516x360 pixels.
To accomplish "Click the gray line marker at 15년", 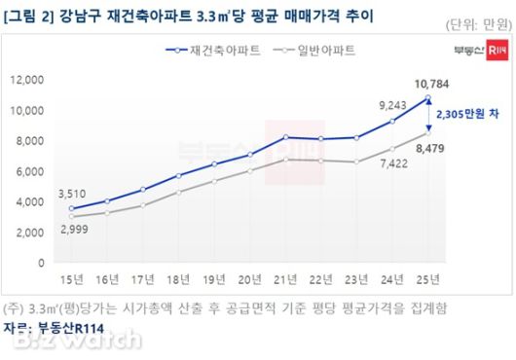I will coord(71,217).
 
